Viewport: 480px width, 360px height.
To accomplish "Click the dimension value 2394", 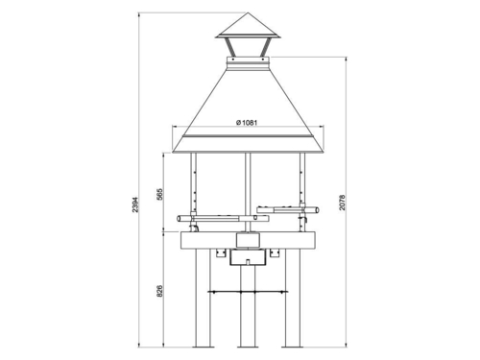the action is pos(135,204).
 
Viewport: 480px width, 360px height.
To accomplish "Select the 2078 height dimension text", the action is pos(342,203).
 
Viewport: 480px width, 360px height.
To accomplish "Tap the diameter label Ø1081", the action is pos(247,123).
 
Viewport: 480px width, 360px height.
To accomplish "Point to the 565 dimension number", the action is pos(159,194).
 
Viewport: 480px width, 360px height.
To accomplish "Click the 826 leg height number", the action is pos(159,291).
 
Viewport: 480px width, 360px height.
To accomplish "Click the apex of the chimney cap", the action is pos(248,12).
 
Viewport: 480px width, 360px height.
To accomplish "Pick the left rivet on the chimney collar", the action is pos(233,60).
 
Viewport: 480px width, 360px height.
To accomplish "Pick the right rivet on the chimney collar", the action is pos(263,60).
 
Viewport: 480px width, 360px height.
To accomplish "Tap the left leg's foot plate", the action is pos(204,347).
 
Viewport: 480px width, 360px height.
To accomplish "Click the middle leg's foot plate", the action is pos(248,347).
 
